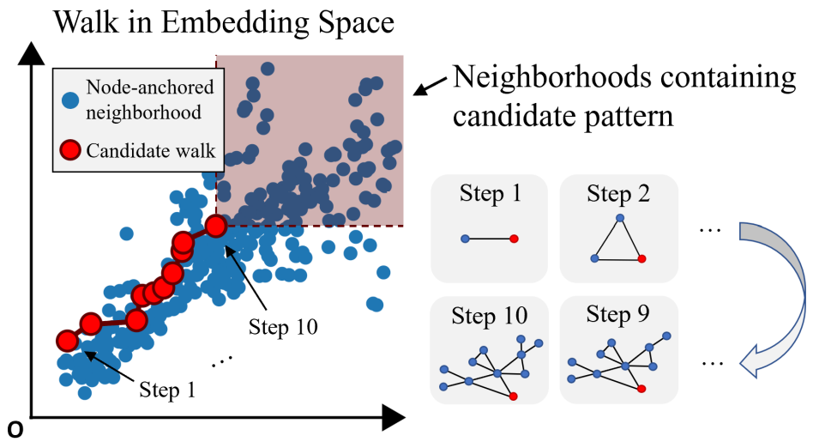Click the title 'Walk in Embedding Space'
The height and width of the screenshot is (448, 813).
point(224,21)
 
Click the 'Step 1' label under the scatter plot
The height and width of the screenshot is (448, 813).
point(166,391)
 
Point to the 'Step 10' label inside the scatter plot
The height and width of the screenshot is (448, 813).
point(283,326)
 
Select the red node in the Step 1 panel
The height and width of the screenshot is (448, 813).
point(514,239)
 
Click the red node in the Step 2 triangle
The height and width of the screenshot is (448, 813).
point(641,258)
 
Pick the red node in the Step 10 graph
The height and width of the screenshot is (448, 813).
point(513,396)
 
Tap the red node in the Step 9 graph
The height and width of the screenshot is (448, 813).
point(641,389)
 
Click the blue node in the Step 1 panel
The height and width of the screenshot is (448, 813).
point(464,238)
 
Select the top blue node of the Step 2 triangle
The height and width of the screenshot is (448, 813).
point(619,219)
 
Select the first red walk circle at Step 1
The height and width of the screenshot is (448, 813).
point(67,341)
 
